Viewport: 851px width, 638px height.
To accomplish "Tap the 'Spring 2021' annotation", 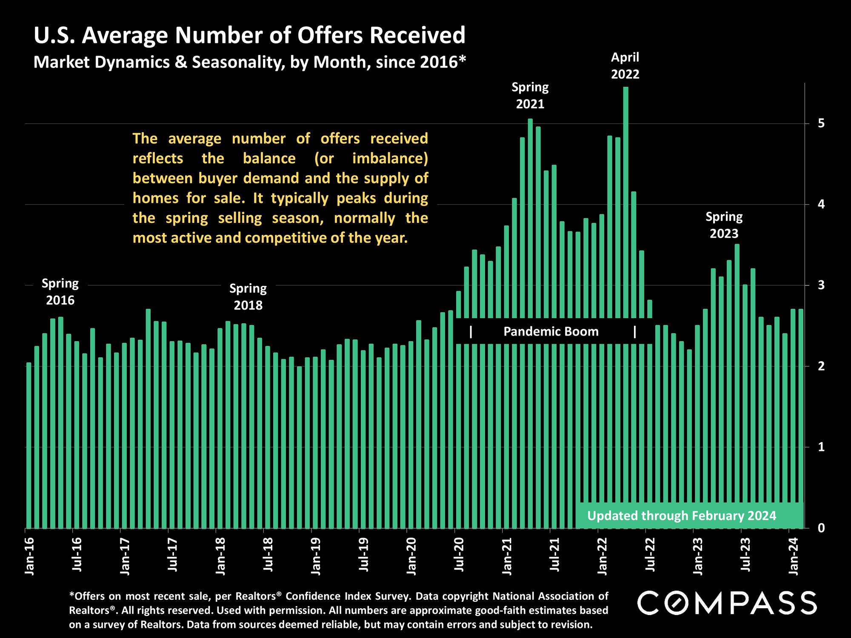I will coord(530,96).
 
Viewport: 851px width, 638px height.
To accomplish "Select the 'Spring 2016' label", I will coord(60,292).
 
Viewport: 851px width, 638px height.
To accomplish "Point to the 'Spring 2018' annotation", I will coord(248,296).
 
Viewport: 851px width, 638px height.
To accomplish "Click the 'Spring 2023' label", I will coord(724,225).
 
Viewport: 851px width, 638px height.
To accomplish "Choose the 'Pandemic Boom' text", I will coord(551,331).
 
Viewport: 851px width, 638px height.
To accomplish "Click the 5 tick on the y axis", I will coord(821,124).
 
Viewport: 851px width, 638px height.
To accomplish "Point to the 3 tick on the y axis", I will coord(821,285).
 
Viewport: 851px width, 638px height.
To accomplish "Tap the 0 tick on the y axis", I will coord(821,528).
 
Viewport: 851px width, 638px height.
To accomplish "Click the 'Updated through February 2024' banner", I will coord(682,516).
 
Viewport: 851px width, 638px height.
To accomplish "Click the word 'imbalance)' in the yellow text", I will coord(390,159).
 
